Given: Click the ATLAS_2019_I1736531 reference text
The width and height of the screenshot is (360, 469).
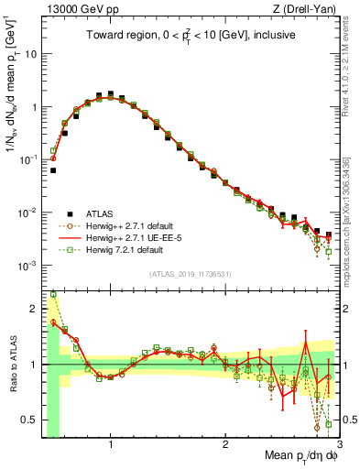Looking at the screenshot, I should click(x=191, y=274).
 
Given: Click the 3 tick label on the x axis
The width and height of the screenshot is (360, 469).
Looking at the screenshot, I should click(x=339, y=444).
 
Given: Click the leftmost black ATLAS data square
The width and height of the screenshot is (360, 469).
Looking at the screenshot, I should click(x=53, y=170).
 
